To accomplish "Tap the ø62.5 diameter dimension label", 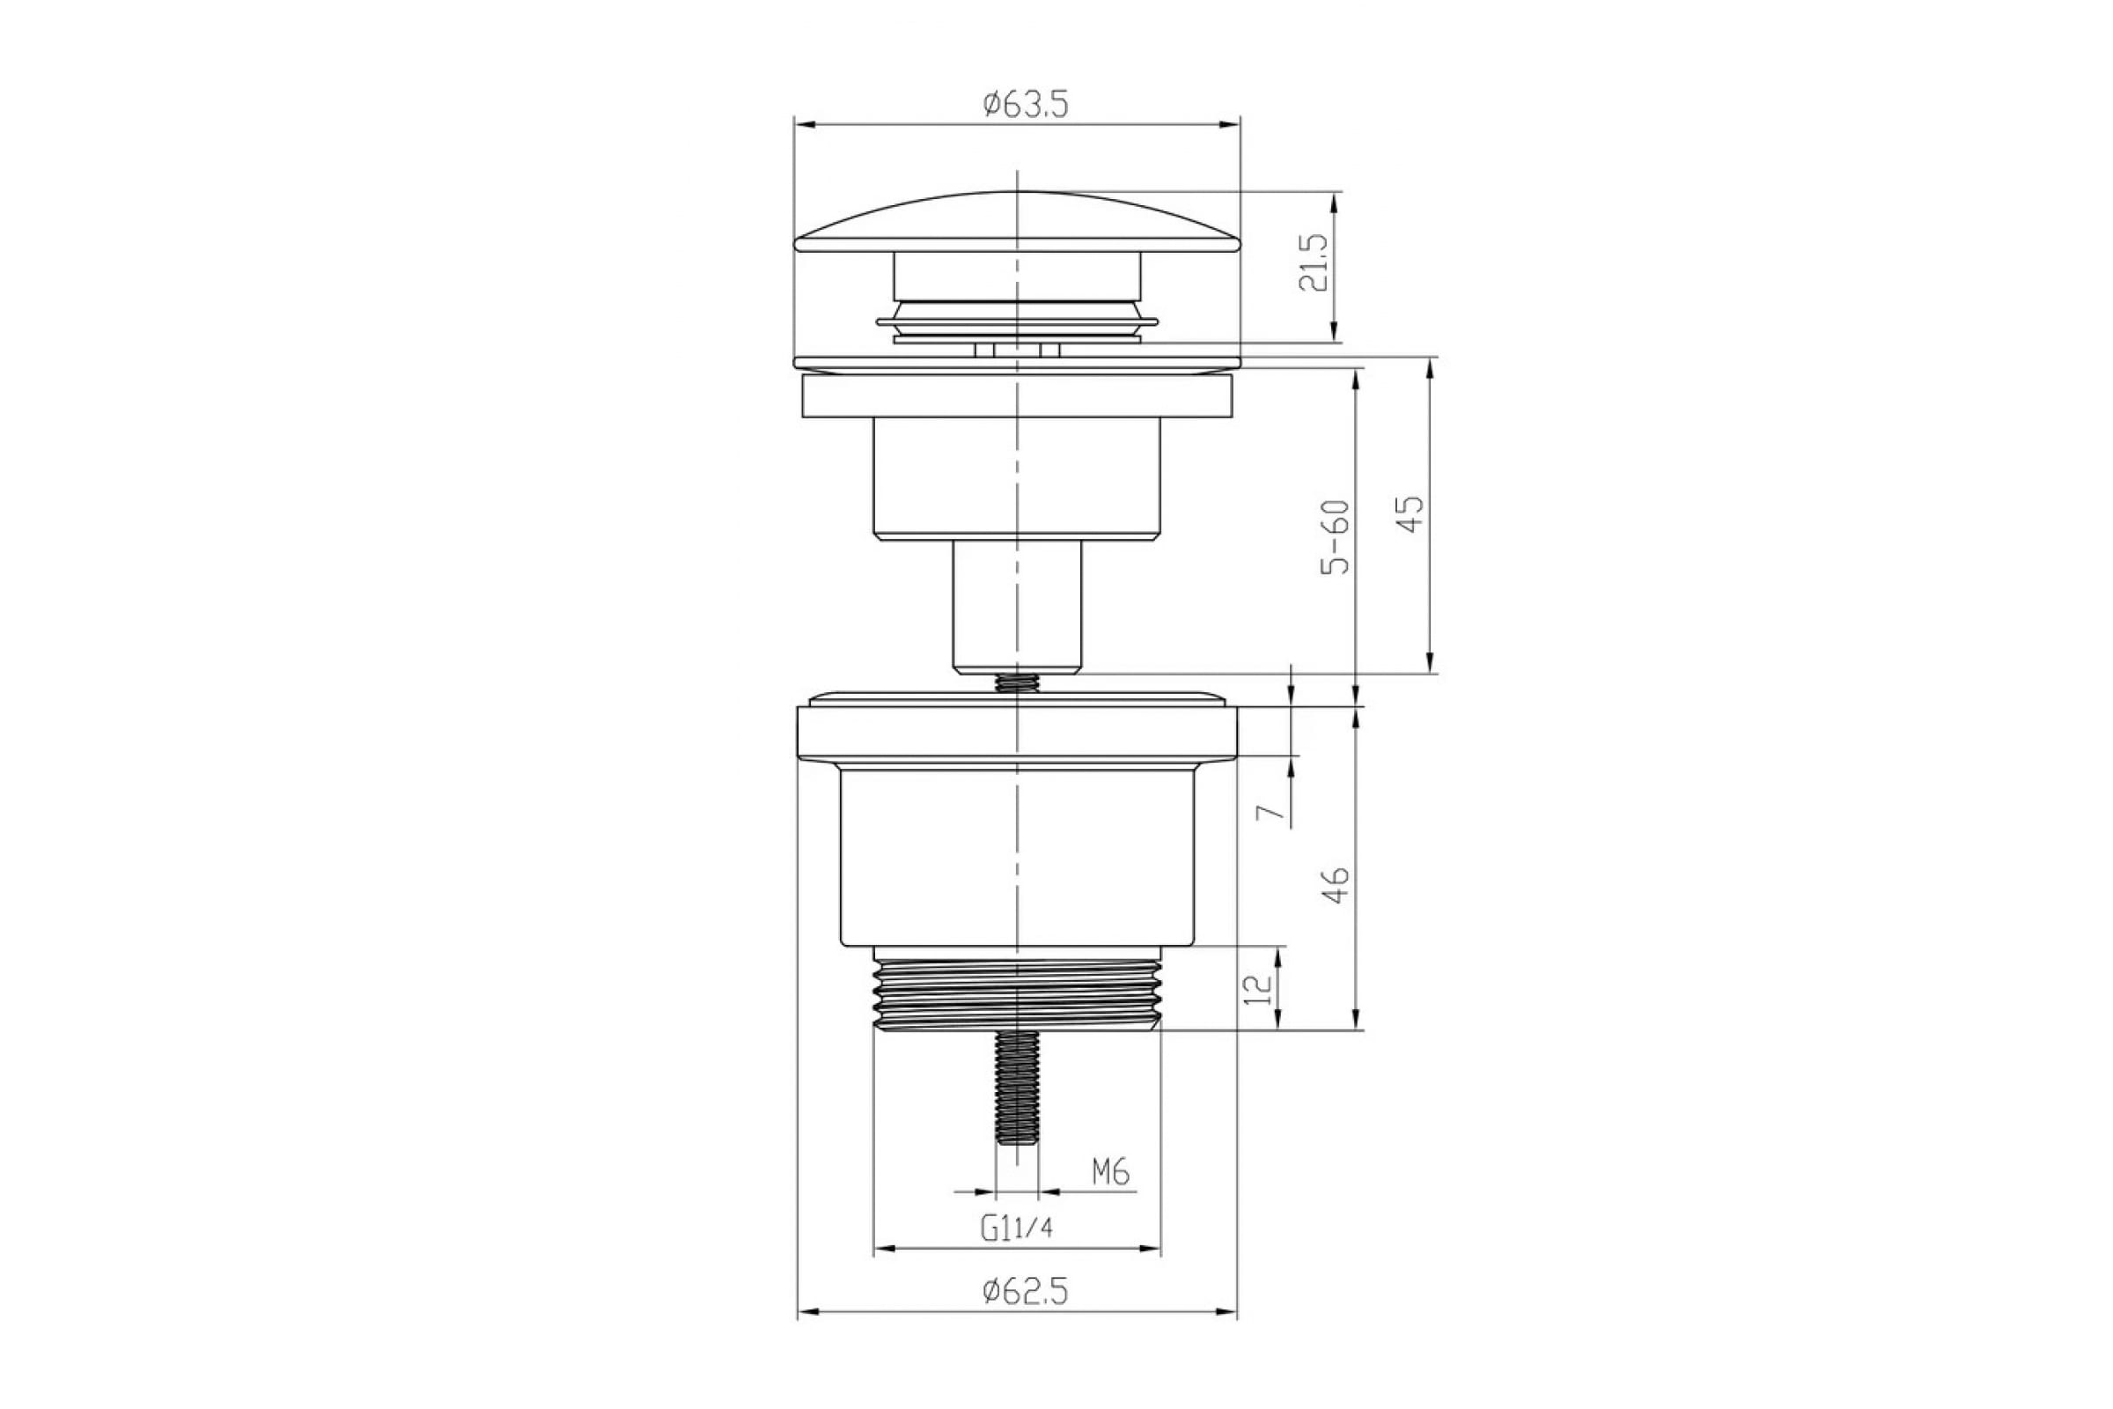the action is point(1025,1292).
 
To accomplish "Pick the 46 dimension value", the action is point(1337,884).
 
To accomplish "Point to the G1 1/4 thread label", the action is point(1016,1228).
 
